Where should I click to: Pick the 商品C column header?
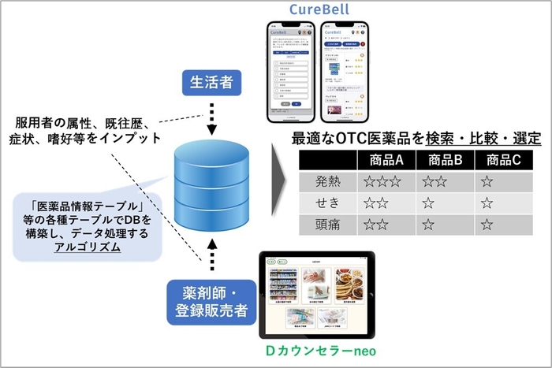(x=504, y=160)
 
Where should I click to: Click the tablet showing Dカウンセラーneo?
(x=319, y=293)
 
